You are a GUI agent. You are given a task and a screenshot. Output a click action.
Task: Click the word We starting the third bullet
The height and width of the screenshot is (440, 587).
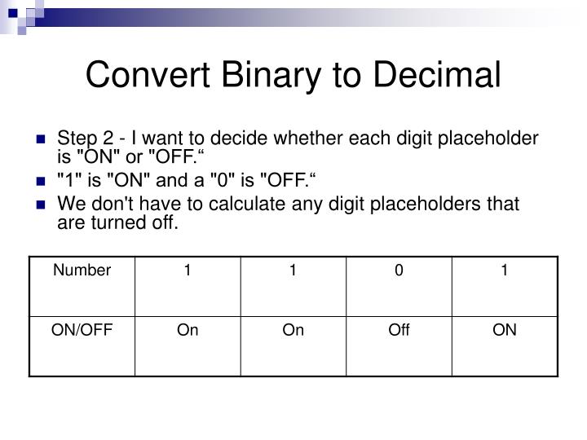point(68,205)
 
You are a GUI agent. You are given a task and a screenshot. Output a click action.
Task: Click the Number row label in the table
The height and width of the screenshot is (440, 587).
point(82,271)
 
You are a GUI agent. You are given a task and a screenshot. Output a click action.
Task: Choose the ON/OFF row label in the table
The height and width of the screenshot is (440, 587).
point(82,330)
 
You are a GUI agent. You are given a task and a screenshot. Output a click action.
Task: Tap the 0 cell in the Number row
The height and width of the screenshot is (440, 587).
point(399,271)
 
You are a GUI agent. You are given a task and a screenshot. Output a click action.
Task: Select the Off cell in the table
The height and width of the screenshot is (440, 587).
point(399,330)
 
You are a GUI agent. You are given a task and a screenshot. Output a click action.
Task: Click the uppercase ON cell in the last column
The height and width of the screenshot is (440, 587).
point(505,330)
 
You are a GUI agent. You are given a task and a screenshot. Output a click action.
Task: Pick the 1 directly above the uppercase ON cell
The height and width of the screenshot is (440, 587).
point(505,271)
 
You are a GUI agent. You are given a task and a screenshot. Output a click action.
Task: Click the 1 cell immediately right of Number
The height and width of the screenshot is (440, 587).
point(188,271)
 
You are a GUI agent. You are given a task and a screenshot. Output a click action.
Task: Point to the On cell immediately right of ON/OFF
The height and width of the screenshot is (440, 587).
point(188,330)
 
